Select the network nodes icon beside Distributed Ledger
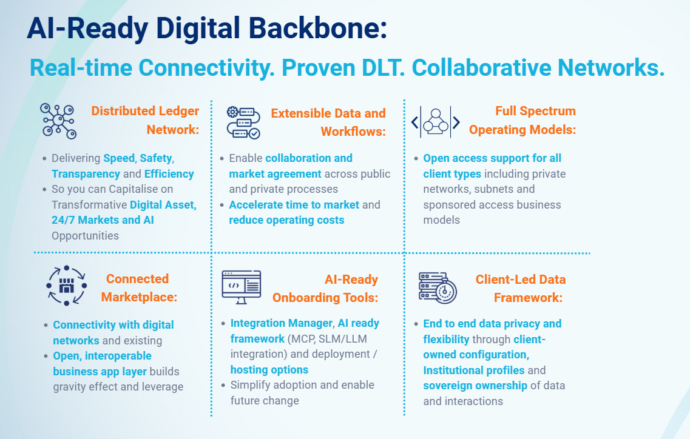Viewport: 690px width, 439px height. pos(58,121)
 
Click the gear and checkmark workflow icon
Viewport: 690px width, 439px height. pos(243,122)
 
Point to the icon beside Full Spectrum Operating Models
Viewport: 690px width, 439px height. pos(436,122)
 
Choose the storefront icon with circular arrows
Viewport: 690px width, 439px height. pos(66,286)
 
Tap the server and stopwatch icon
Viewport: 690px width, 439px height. pos(438,287)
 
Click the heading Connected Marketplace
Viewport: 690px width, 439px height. pos(139,288)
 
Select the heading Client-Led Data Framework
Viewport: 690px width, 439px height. pos(521,289)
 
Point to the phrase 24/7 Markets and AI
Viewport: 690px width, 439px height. pos(103,220)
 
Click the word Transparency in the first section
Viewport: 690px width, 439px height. pos(86,174)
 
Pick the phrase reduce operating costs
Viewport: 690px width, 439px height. pos(286,220)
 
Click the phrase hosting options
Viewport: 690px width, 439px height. pos(269,369)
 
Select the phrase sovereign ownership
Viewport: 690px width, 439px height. pos(475,385)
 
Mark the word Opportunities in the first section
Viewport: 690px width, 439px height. pos(85,236)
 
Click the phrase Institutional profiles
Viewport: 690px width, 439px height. pos(474,370)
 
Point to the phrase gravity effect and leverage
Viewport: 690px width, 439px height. pos(118,387)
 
